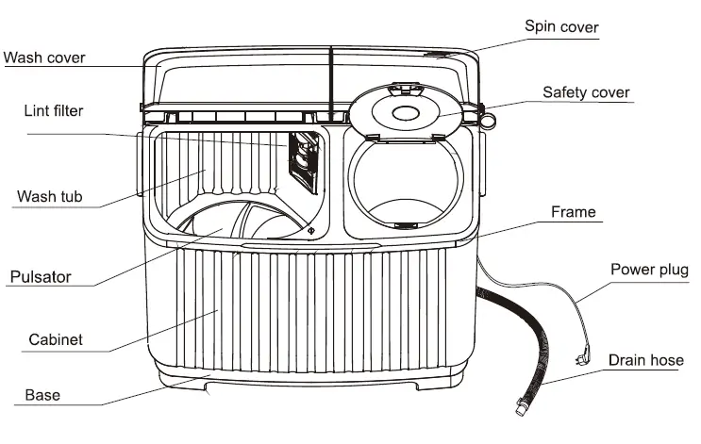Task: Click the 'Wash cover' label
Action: click(44, 58)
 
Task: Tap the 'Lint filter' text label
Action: click(53, 111)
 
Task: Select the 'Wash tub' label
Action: click(50, 198)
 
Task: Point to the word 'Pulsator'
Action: click(41, 277)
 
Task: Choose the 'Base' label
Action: click(42, 395)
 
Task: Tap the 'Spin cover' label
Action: click(561, 26)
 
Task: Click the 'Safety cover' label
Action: click(586, 92)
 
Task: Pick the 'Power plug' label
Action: click(650, 270)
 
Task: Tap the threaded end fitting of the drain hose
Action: click(520, 409)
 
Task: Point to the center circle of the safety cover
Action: click(406, 114)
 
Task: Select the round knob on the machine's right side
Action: click(487, 120)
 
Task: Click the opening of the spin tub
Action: click(406, 184)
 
